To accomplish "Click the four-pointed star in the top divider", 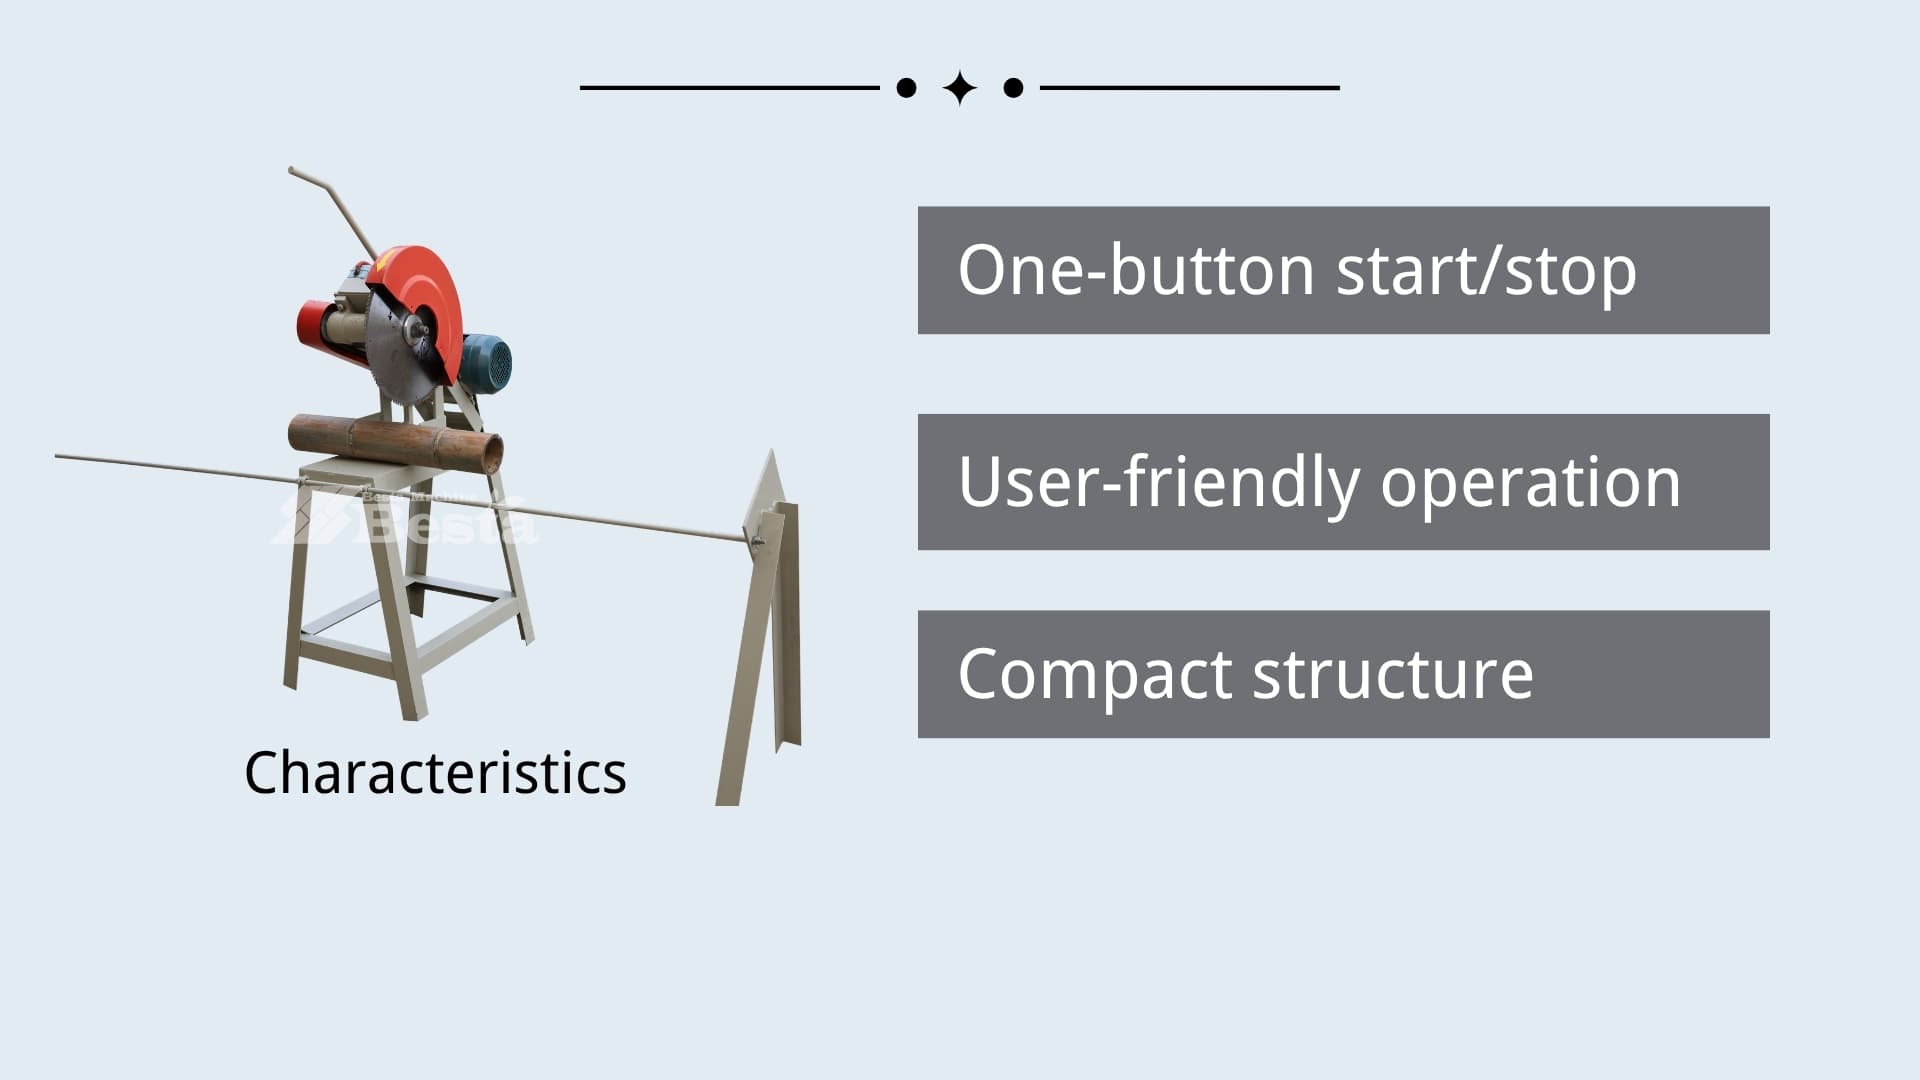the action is coord(960,88).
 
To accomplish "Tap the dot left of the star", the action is coord(906,88).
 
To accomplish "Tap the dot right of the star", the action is coord(1013,88).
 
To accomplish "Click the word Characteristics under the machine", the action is coord(435,773).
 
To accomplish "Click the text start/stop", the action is coord(1487,272).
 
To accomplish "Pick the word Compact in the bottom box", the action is coord(1094,676).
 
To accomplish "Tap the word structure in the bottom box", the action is coord(1393,675).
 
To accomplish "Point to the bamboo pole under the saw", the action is coord(395,442).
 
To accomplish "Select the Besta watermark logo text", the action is coord(405,516).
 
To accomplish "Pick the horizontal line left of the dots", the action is coord(730,88).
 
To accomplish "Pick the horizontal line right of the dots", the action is coord(1190,88).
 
